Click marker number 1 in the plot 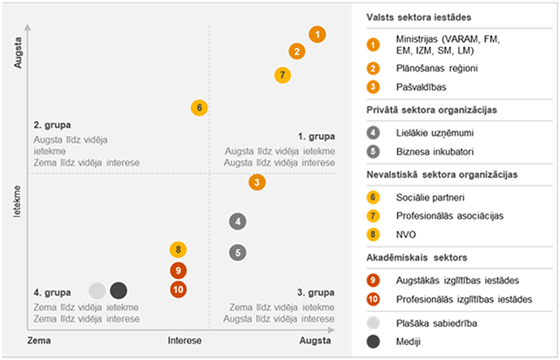pos(317,35)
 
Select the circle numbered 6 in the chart pos(199,108)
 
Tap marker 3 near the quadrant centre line pos(257,182)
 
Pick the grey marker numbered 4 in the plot pos(238,221)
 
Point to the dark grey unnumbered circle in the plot pos(118,290)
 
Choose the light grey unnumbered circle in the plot pos(98,290)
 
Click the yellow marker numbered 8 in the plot pos(178,250)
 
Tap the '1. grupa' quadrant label pos(316,137)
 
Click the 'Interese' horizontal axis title pos(185,341)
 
